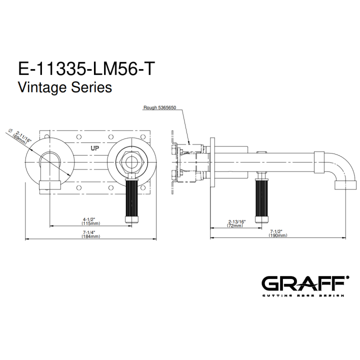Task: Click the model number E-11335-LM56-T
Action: [x=85, y=68]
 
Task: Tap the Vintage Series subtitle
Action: [x=65, y=87]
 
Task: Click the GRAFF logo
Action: [x=305, y=283]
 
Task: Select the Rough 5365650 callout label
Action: [x=160, y=107]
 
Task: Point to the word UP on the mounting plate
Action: [x=94, y=148]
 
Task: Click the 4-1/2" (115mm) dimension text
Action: [x=91, y=221]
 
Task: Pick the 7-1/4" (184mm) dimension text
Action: [x=91, y=234]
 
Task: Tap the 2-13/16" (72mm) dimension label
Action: [x=236, y=223]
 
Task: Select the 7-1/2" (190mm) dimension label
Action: [x=278, y=233]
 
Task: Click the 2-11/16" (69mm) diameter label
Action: [x=22, y=137]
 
